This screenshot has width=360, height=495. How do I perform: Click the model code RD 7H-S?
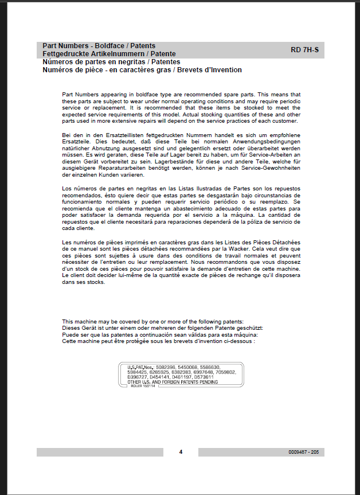coord(304,50)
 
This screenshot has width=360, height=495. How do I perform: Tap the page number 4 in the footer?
coord(181,452)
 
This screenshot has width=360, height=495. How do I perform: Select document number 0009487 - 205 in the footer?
coord(303,452)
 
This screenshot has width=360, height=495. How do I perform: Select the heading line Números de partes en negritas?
coord(111,61)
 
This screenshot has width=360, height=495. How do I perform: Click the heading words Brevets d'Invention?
coord(208,70)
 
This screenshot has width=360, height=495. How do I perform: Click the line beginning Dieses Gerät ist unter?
coord(162,328)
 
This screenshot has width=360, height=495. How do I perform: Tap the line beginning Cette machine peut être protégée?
coord(158,341)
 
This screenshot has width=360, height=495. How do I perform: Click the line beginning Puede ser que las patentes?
coord(160,334)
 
